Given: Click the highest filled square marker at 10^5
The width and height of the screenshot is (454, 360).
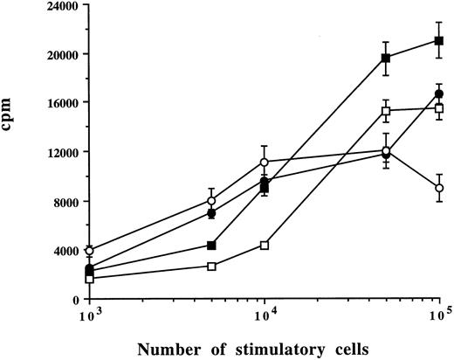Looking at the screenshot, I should [439, 40].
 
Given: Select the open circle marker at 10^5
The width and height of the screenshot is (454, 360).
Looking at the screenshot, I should [439, 188].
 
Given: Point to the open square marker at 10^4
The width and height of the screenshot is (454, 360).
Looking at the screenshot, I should [264, 245].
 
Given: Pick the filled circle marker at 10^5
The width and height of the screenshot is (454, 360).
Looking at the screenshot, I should [439, 93].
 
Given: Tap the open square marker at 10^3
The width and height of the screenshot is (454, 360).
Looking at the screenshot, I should [89, 279].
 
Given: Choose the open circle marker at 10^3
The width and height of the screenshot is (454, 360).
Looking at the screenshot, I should [89, 251].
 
